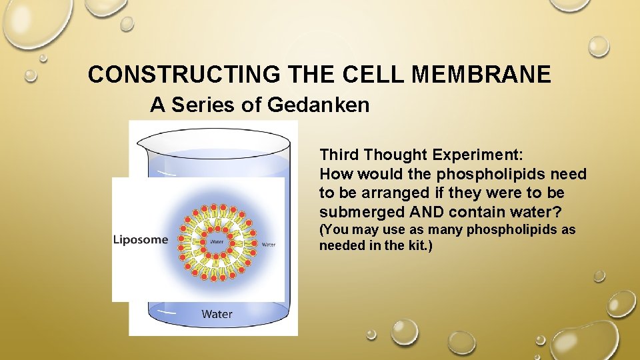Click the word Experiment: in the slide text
(478, 155)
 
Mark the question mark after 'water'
(557, 212)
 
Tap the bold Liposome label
(141, 239)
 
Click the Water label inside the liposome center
(217, 241)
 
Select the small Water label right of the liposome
(268, 245)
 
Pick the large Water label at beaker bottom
(217, 313)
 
